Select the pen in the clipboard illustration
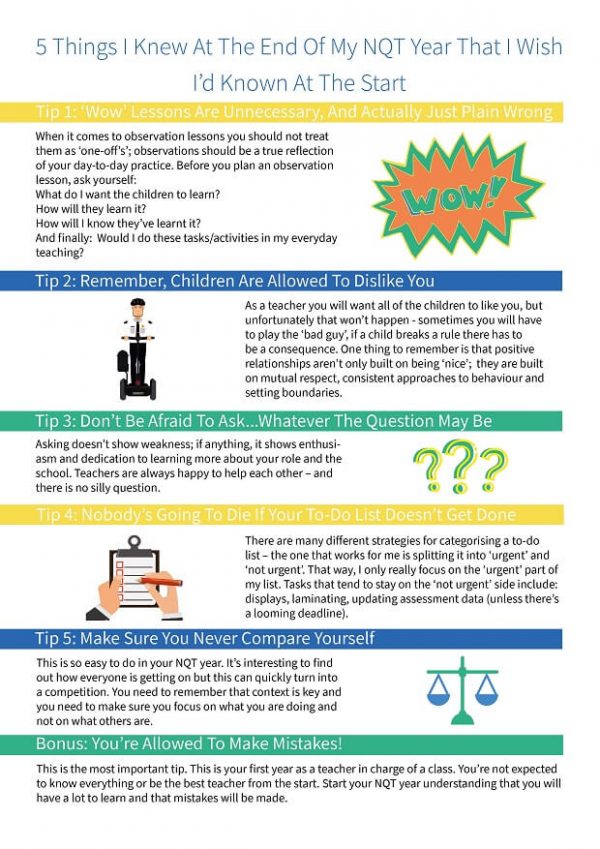159,579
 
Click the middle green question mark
459,465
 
